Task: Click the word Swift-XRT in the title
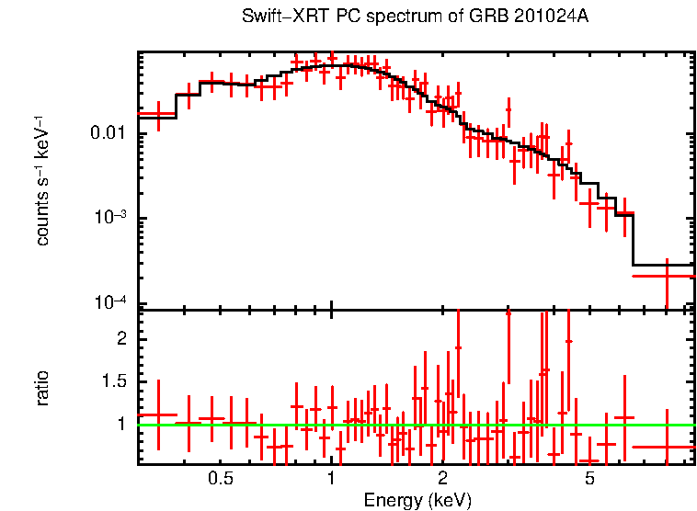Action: [280, 17]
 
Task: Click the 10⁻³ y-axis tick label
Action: [111, 218]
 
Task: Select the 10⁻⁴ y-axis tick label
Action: [111, 303]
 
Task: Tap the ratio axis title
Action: [43, 388]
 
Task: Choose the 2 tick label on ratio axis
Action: [120, 339]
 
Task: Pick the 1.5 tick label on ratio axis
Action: [113, 381]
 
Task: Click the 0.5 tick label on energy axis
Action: [220, 479]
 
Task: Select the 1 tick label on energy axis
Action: [331, 479]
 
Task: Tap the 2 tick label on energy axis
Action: [442, 479]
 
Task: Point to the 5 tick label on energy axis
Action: [589, 479]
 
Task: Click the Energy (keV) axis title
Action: [417, 500]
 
